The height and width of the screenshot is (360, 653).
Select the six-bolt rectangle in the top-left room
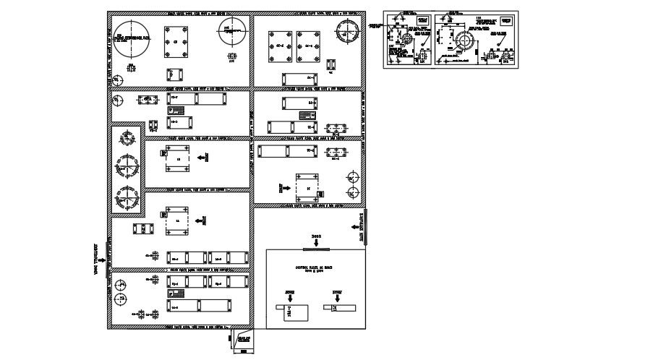176,41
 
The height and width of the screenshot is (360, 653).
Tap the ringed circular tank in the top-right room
348,33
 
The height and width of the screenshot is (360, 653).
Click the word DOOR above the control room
316,236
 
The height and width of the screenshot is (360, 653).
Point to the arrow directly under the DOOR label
316,243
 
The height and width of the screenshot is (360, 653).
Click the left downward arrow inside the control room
289,297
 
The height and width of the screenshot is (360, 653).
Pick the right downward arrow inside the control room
337,297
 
